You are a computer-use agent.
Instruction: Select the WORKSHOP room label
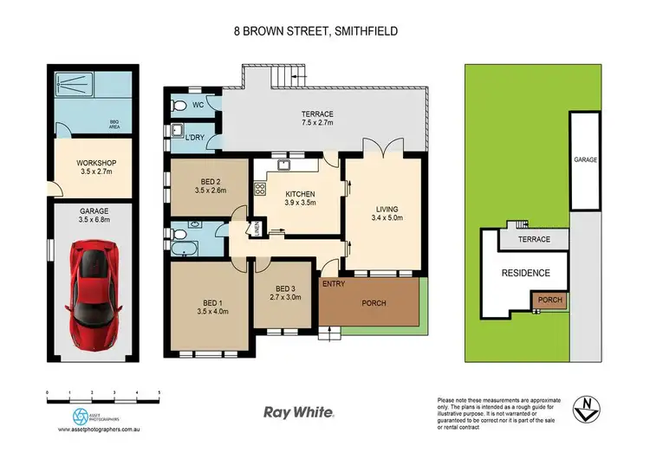pyautogui.click(x=96, y=167)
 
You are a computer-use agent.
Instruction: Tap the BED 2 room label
pyautogui.click(x=210, y=185)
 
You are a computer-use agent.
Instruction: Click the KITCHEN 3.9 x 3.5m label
pyautogui.click(x=299, y=198)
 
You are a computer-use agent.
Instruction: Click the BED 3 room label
pyautogui.click(x=286, y=293)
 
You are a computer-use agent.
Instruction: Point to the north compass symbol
pyautogui.click(x=588, y=404)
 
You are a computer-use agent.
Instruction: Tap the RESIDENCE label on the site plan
pyautogui.click(x=526, y=273)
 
